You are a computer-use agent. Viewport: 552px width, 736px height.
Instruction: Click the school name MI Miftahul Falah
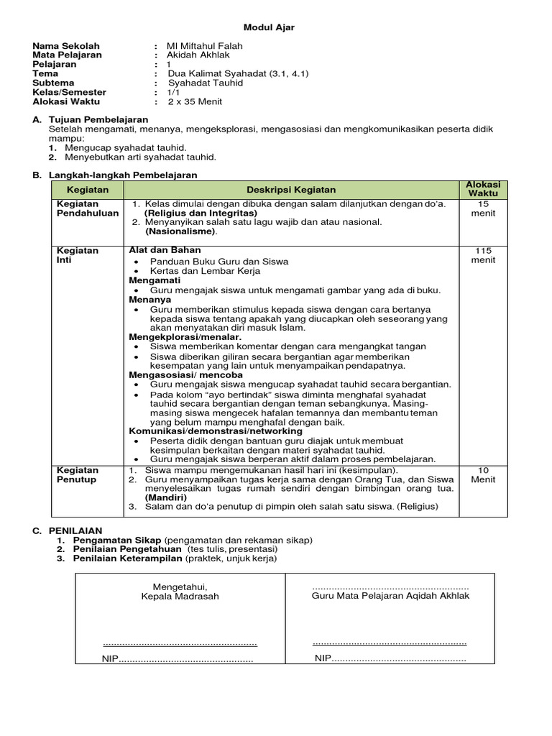204,46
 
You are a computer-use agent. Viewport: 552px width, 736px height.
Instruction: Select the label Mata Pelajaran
67,55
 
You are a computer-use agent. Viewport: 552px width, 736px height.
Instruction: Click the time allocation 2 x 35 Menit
195,101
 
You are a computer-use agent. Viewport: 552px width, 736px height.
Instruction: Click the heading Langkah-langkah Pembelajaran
122,175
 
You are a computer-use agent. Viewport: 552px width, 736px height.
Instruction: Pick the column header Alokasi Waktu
483,190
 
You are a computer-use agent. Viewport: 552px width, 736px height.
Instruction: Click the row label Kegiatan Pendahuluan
87,208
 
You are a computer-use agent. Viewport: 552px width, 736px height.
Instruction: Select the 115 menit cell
483,255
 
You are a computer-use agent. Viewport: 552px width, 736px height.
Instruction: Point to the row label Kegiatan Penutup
78,474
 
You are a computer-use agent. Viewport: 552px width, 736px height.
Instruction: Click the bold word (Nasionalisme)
180,232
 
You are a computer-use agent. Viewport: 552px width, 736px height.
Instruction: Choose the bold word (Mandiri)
166,497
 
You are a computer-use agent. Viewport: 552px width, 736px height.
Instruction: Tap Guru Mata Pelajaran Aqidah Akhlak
390,596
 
